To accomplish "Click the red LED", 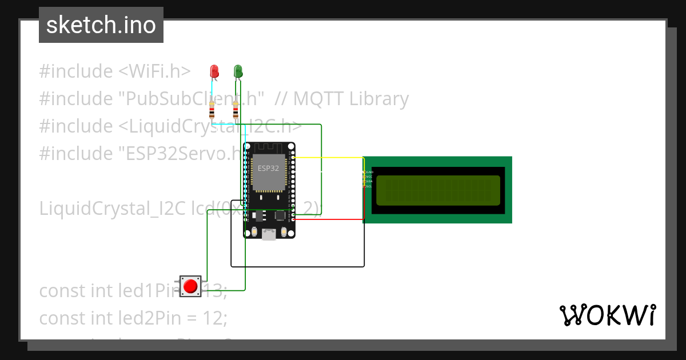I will coord(214,71).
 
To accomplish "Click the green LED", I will coord(238,71).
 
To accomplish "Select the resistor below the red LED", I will coord(213,109).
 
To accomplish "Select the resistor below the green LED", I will coord(236,109).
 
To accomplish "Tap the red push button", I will coord(191,286).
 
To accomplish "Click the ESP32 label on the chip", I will coord(268,168).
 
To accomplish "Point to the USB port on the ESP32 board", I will coord(268,234).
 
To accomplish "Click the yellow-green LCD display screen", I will coord(437,190).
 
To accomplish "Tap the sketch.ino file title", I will coord(101,25).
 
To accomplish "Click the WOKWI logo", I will coord(607,315).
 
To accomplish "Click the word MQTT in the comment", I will coord(318,99).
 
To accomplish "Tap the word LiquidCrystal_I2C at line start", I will coord(109,209).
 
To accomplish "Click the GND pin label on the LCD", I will coord(369,171).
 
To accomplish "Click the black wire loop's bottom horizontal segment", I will coord(297,266).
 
